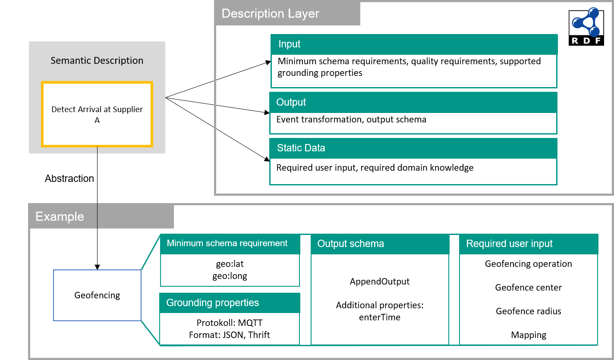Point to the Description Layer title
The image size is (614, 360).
tap(271, 14)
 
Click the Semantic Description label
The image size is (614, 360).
tap(97, 61)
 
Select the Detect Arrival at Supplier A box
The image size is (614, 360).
tap(97, 115)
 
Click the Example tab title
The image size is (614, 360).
tap(60, 216)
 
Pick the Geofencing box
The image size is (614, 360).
tap(97, 295)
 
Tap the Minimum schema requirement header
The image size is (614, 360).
tap(227, 244)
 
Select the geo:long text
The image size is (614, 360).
tap(230, 276)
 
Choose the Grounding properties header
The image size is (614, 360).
tap(213, 303)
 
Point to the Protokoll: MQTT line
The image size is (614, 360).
tap(230, 323)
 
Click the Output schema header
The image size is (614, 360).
tap(351, 244)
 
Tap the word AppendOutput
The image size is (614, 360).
tap(380, 282)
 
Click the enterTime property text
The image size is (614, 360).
tap(380, 318)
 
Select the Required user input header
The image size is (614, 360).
tap(509, 244)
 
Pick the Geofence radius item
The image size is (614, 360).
tap(529, 311)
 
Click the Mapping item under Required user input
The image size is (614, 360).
tap(529, 335)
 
